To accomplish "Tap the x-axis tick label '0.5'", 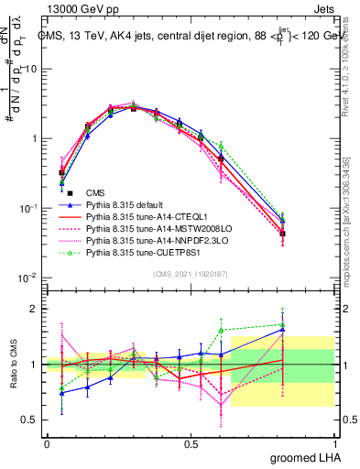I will [x=191, y=443].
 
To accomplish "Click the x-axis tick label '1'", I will [x=334, y=443].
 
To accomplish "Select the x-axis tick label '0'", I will [x=47, y=443].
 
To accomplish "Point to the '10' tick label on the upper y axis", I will [x=30, y=69].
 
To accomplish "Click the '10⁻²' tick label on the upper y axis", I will [x=27, y=277].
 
